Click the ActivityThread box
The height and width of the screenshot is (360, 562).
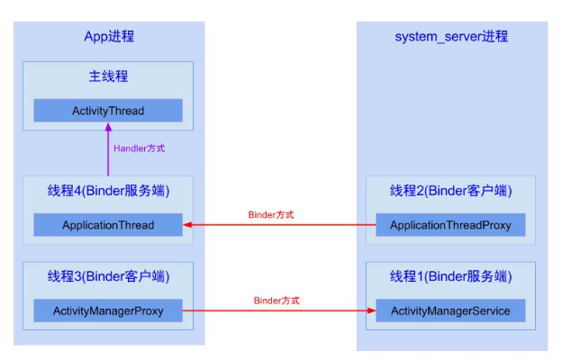108,111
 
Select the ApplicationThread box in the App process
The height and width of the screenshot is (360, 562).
108,225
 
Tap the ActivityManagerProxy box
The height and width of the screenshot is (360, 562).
108,311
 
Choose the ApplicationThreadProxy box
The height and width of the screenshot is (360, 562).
450,225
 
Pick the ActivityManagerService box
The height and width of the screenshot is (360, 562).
450,311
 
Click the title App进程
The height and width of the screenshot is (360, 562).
109,36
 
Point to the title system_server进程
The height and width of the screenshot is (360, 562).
451,36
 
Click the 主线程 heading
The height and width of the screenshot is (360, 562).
108,77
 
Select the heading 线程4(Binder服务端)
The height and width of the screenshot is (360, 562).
108,191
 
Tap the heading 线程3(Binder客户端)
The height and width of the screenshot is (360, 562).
108,275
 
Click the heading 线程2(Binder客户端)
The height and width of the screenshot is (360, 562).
450,191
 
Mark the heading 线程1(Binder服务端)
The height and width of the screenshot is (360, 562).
450,275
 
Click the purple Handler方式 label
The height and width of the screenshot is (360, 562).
140,148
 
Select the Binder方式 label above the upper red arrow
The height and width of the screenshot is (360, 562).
271,215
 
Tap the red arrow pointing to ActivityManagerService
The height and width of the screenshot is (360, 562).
279,311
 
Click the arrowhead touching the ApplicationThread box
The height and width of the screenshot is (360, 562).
187,225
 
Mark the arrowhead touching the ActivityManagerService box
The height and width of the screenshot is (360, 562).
371,311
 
